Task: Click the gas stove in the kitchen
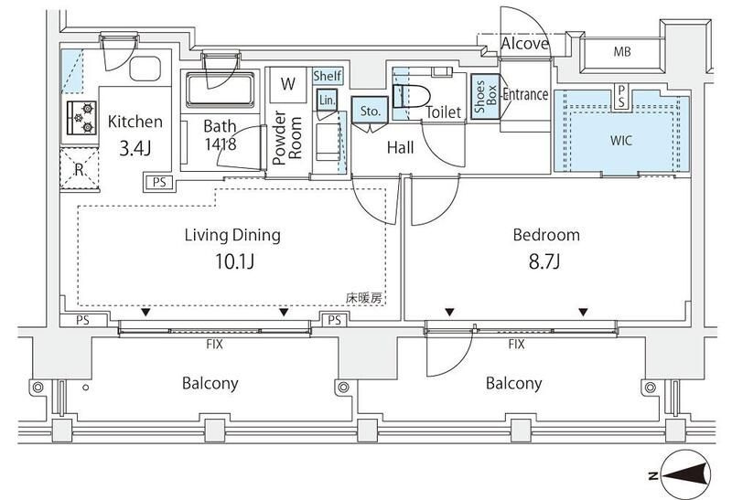(x=82, y=118)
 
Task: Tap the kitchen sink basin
(x=145, y=69)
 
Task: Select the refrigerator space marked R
(x=80, y=169)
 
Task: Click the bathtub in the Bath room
(x=221, y=90)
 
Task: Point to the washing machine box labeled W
(x=288, y=84)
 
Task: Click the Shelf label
(x=328, y=76)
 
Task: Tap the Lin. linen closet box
(x=327, y=101)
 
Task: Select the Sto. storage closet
(x=370, y=110)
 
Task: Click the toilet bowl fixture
(x=410, y=98)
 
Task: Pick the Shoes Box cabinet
(x=486, y=97)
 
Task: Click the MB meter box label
(x=622, y=52)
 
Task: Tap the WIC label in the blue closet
(x=621, y=140)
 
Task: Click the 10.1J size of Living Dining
(x=234, y=261)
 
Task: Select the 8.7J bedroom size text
(x=544, y=261)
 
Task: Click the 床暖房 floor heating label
(x=363, y=298)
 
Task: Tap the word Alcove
(x=524, y=43)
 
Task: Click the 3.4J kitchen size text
(x=135, y=149)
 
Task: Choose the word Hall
(x=400, y=148)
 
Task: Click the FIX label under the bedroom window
(x=516, y=345)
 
